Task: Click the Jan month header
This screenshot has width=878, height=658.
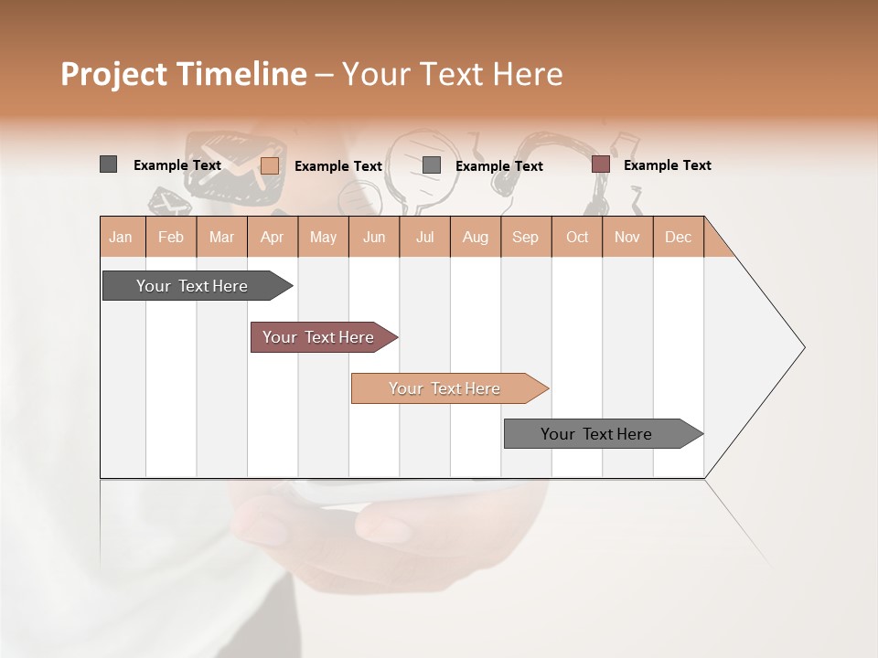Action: (122, 237)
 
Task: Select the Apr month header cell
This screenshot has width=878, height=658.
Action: (272, 237)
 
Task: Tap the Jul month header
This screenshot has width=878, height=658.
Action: (424, 237)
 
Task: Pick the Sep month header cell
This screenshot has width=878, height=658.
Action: (525, 237)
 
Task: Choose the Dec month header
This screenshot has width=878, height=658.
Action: (678, 237)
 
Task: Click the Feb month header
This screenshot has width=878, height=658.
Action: (171, 237)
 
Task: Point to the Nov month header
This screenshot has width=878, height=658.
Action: (626, 237)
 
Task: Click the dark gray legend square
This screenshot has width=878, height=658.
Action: (108, 164)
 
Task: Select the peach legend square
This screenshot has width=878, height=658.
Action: (269, 165)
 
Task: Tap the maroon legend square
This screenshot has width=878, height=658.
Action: (600, 164)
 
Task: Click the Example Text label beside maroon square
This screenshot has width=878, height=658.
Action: (667, 165)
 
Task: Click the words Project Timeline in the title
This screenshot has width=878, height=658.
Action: (183, 74)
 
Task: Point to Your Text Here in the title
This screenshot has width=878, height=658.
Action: (452, 74)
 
